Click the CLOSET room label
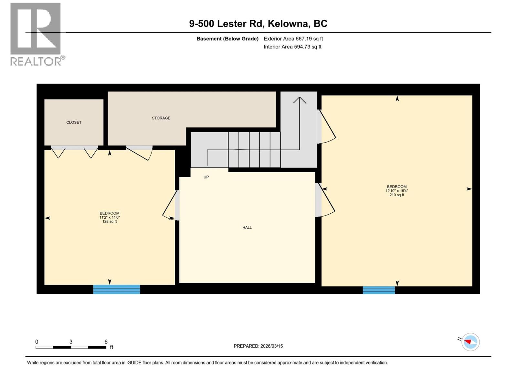[x=74, y=122]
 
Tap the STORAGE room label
[x=161, y=118]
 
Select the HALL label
[x=247, y=228]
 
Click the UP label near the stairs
[x=206, y=177]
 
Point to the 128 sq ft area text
[x=110, y=222]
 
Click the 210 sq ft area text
[x=397, y=195]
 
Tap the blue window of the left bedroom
[x=116, y=289]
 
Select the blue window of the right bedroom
[x=379, y=290]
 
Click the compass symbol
[x=470, y=342]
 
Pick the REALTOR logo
[x=36, y=34]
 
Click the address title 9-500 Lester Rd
[x=258, y=24]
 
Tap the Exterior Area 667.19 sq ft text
[x=293, y=39]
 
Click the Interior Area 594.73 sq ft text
[x=292, y=47]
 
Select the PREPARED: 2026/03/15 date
[x=258, y=346]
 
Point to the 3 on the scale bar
[x=71, y=342]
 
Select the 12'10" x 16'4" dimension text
[x=397, y=191]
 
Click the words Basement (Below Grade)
[x=227, y=39]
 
